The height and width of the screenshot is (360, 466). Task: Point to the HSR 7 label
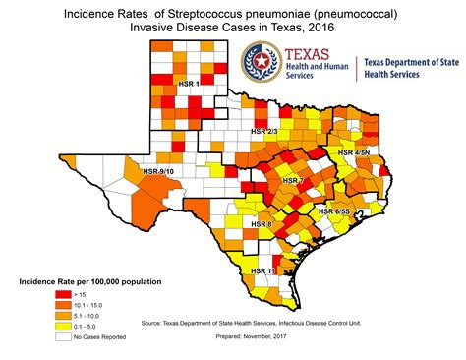292,181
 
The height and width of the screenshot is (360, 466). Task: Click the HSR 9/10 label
158,171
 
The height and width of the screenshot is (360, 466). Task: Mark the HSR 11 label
263,270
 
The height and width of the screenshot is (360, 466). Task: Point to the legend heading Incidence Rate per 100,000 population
90,282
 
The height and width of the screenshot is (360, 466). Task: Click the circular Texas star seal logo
262,63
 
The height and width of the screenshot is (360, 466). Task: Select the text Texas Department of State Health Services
409,69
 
